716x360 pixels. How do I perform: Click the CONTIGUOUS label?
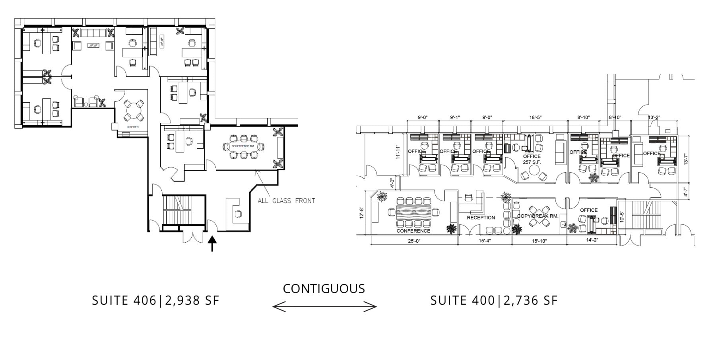point(324,288)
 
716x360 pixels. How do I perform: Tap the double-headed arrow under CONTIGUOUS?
point(324,307)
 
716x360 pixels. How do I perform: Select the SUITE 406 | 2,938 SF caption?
point(155,300)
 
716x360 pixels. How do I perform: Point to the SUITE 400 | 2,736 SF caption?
point(494,300)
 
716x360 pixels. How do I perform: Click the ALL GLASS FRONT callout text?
point(286,200)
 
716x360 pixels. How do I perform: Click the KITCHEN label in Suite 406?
point(133,127)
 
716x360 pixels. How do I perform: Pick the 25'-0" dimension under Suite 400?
point(414,241)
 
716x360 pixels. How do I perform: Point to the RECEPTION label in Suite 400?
point(481,218)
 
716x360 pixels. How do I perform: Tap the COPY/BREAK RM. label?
point(537,216)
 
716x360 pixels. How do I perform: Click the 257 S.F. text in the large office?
point(532,162)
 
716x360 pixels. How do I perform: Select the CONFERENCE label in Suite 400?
point(413,231)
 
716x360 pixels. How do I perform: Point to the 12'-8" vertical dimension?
point(361,212)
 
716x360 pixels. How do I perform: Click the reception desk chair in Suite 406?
point(238,214)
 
